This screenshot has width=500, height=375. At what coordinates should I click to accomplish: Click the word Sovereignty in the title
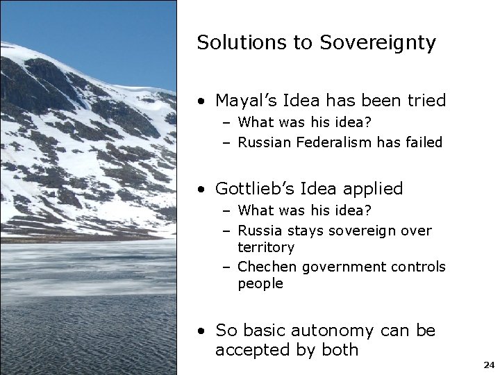378,43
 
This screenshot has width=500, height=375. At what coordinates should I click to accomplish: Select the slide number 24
488,365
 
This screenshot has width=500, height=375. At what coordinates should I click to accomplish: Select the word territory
266,247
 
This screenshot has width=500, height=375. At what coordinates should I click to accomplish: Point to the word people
260,284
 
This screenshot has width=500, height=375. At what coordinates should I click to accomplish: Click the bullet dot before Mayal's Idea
201,102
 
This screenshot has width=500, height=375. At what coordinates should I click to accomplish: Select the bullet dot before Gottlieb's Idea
201,190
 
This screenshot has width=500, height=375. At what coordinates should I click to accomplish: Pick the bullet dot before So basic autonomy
201,332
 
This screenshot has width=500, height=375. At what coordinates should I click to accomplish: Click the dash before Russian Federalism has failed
227,143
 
